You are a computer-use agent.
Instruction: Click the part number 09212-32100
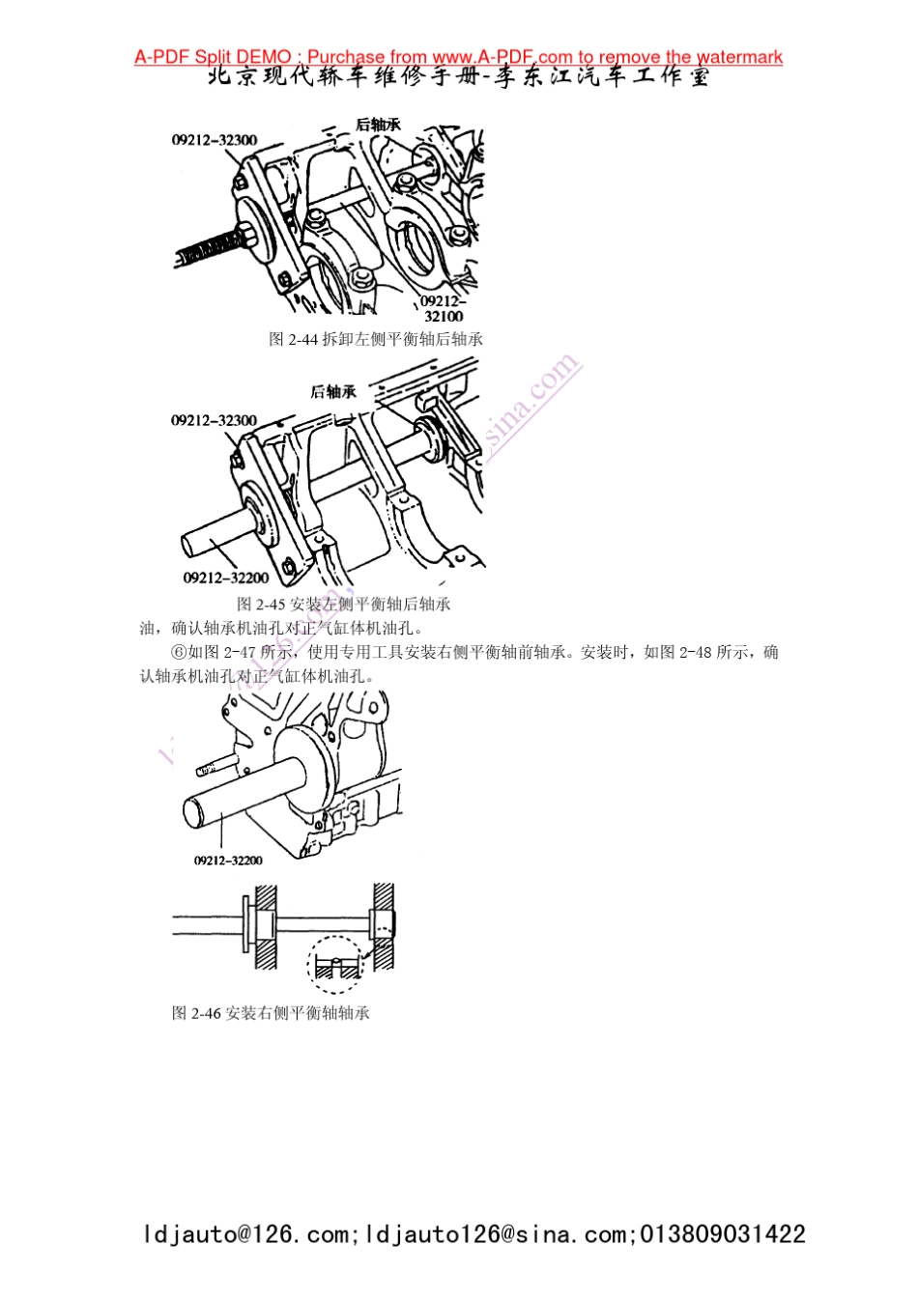(443, 309)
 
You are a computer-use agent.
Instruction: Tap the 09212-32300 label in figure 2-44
(215, 140)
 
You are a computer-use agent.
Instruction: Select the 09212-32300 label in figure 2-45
(214, 420)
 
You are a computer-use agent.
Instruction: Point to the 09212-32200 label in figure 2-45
(226, 578)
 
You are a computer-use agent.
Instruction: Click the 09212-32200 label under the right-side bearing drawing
(228, 861)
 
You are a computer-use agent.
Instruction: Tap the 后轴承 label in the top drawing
(378, 125)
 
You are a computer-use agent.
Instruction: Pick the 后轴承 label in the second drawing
(333, 391)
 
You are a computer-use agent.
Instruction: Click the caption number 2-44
(303, 339)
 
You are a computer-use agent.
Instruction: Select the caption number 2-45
(272, 604)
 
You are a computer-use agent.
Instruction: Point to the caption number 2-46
(206, 1013)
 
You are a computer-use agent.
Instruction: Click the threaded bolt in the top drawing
(208, 249)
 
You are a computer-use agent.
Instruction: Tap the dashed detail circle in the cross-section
(334, 964)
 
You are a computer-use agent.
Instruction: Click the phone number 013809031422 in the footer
(723, 1234)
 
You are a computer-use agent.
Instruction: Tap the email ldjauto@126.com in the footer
(246, 1234)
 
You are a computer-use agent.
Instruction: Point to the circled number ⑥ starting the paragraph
(178, 653)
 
